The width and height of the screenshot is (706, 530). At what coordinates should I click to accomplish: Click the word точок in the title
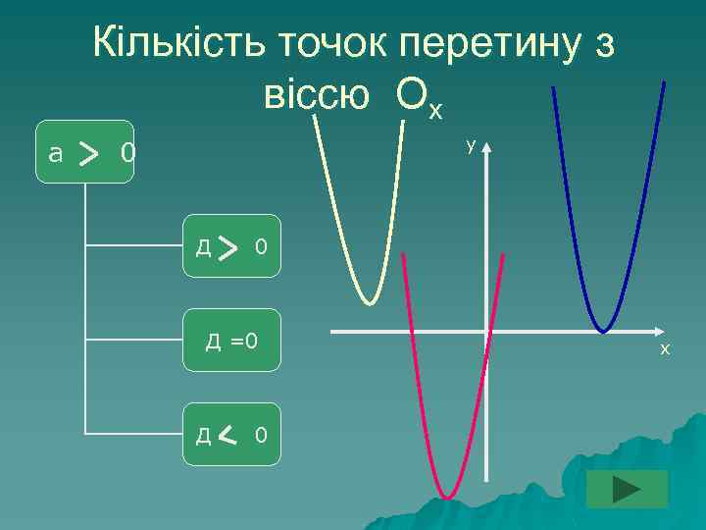coord(330,44)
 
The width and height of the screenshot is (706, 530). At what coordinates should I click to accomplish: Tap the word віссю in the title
coord(317,94)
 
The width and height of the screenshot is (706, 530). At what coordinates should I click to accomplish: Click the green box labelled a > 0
coord(84,152)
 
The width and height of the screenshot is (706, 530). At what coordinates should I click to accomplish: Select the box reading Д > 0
coord(231,246)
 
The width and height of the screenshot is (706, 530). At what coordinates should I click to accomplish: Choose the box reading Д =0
coord(231,341)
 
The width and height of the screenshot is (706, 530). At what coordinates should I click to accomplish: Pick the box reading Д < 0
coord(231,434)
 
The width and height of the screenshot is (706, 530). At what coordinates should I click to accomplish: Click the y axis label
coord(471,145)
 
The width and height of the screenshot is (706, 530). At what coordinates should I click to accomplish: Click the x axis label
coord(664,348)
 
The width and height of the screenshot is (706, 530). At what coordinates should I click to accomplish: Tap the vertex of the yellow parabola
coord(369,301)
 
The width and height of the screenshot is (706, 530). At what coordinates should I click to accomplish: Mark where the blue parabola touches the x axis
coord(602,331)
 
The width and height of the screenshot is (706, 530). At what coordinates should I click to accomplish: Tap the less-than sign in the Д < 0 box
coord(227,434)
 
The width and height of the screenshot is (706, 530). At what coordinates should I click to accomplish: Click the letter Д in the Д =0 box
coord(213,342)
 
